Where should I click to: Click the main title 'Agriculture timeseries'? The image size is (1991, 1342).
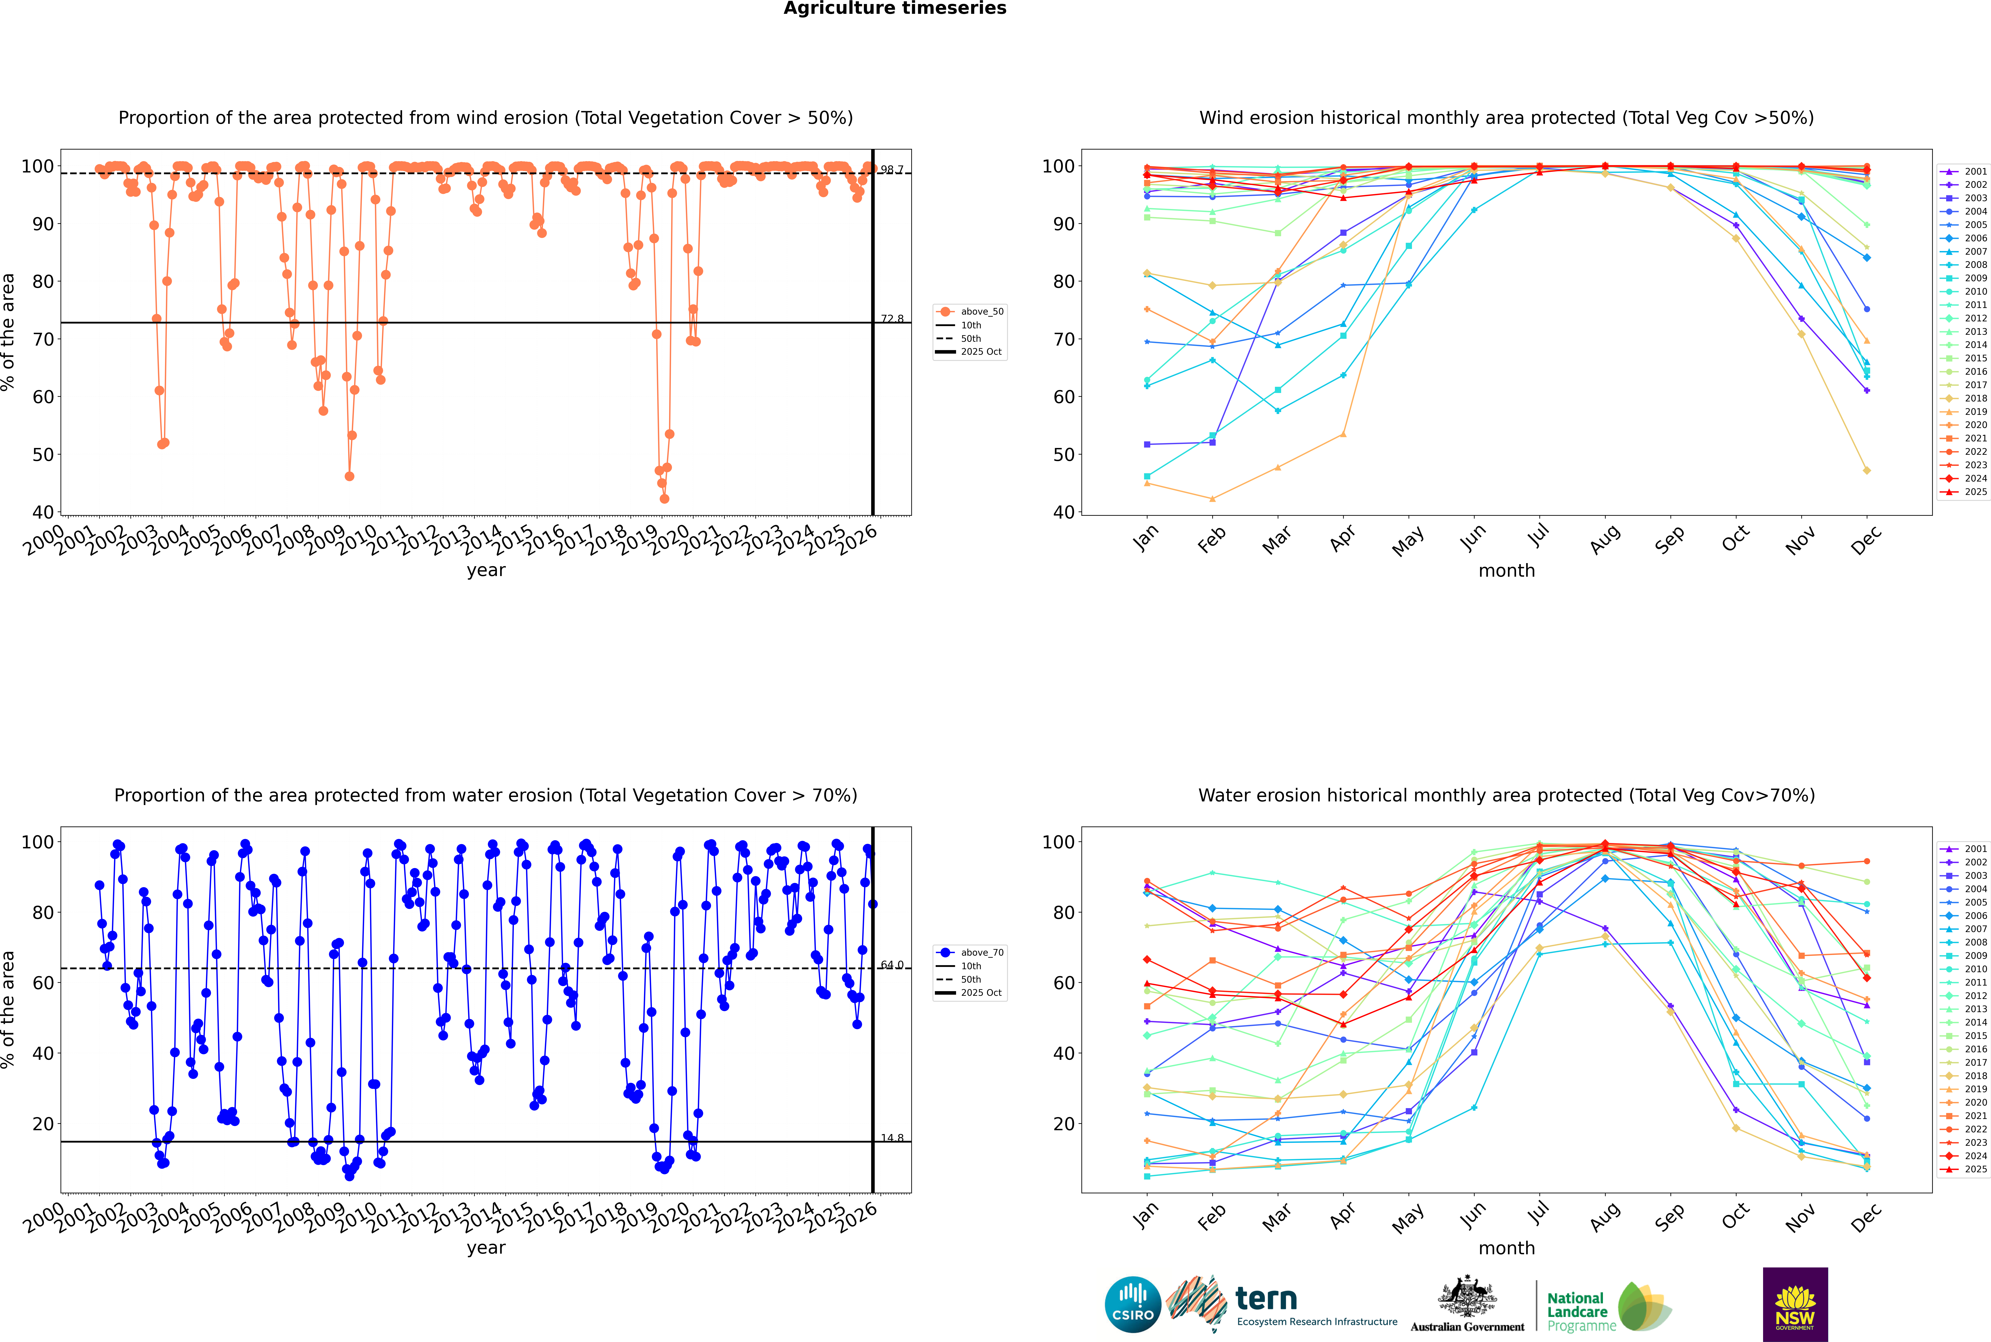click(x=894, y=8)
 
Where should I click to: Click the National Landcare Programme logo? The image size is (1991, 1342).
click(x=1608, y=1307)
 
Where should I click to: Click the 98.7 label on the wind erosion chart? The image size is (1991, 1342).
click(x=892, y=170)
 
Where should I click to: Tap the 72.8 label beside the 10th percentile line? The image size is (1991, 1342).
click(x=892, y=318)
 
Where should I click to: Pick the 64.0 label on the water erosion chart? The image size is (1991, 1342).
click(x=892, y=965)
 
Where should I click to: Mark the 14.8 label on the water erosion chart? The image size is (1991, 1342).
click(x=892, y=1137)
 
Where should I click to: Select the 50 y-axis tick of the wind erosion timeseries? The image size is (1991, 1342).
click(x=43, y=455)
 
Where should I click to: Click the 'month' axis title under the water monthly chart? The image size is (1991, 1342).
click(x=1506, y=1248)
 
